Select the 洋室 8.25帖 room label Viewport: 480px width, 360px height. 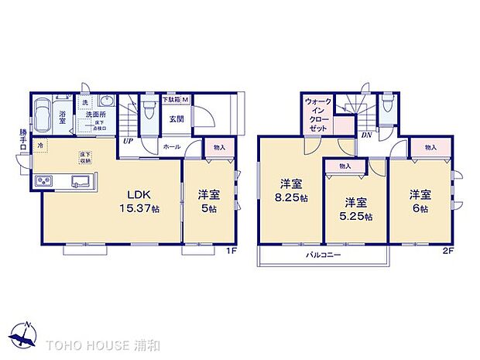290,191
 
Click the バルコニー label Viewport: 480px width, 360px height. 321,254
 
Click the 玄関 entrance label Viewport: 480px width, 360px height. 176,119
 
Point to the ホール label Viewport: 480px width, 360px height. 171,145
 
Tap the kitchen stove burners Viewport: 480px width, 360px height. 43,182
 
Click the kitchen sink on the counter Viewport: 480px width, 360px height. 81,182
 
